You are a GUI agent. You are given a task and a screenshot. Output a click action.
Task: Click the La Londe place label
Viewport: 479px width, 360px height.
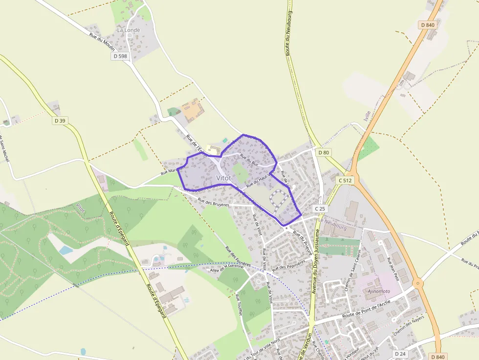(129, 30)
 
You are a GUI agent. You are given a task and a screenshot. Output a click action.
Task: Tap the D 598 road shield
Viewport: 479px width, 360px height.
(120, 56)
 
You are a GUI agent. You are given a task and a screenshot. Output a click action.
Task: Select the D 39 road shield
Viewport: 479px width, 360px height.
(60, 121)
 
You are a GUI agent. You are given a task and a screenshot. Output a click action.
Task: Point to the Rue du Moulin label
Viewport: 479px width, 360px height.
(102, 42)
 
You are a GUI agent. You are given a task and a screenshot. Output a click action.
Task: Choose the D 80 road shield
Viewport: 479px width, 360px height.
(324, 152)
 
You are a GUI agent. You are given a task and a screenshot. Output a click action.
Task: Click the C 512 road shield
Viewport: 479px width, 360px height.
(345, 180)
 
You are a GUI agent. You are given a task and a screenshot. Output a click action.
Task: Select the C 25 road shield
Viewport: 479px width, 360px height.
(320, 209)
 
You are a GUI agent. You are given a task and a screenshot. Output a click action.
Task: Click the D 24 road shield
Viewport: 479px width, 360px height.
(400, 353)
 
